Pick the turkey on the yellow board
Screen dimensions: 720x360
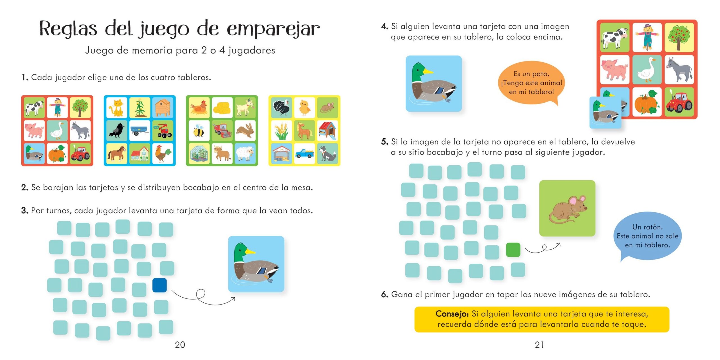click(281, 107)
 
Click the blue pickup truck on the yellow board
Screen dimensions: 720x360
click(304, 153)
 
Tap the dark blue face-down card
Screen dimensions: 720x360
click(159, 285)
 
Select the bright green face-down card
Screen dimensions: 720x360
click(513, 250)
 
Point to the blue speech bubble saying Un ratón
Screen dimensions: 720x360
click(647, 236)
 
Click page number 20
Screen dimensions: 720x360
click(180, 345)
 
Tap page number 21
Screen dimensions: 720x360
click(539, 345)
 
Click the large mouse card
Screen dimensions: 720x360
click(567, 208)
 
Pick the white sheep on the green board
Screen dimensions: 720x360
click(245, 154)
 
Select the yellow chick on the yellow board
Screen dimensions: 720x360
click(304, 107)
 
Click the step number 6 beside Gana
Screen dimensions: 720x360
click(384, 294)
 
